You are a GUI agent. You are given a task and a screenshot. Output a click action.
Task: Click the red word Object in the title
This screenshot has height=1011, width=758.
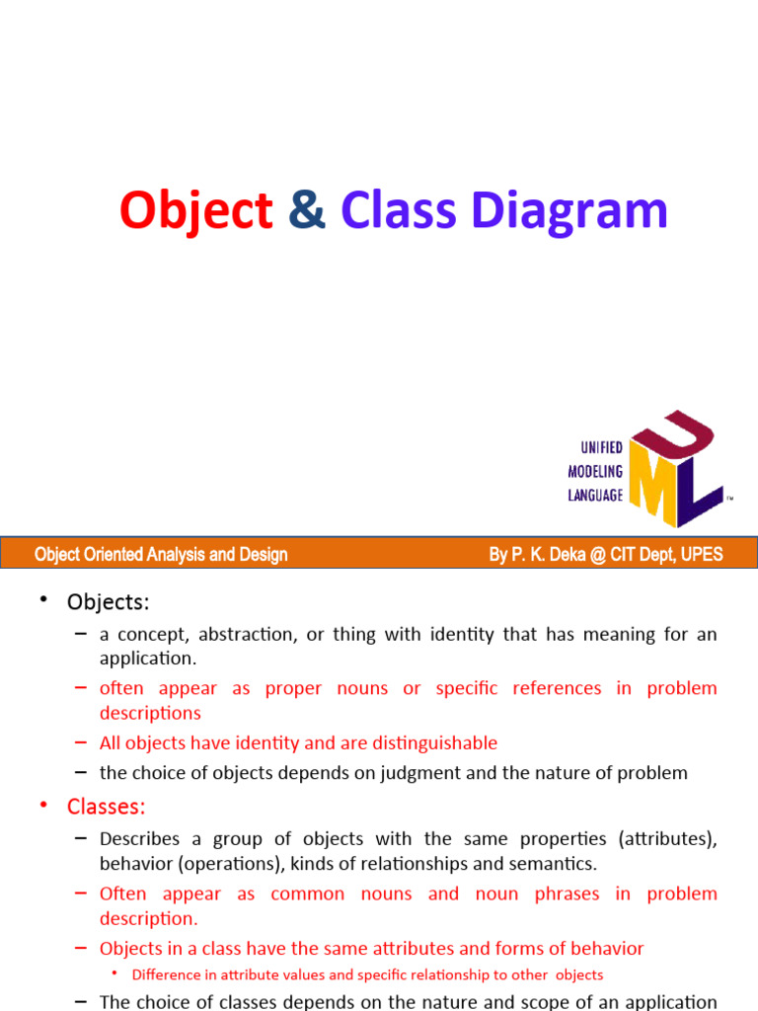[196, 211]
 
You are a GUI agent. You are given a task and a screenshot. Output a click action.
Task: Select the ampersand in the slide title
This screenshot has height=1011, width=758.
[307, 211]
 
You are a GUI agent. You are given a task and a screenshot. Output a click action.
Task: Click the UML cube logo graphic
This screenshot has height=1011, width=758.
[676, 468]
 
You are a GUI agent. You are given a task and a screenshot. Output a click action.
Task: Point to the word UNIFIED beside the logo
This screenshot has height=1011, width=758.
[595, 448]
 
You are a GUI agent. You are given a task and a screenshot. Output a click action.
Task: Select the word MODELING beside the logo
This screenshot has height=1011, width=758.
[595, 472]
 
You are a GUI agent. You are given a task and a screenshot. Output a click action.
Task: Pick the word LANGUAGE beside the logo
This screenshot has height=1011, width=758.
[595, 496]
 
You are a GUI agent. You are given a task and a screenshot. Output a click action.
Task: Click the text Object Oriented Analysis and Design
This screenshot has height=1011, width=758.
[161, 555]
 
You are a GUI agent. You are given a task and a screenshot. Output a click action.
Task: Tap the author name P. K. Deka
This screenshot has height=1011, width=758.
[552, 555]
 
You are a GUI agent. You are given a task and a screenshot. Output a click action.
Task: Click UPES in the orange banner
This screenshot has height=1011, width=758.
[699, 555]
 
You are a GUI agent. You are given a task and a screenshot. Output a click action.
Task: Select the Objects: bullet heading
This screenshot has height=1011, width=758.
[108, 601]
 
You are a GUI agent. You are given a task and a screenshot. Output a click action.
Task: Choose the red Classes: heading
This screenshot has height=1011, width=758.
[106, 807]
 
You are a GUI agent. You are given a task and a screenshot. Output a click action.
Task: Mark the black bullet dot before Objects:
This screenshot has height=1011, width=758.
[43, 600]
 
